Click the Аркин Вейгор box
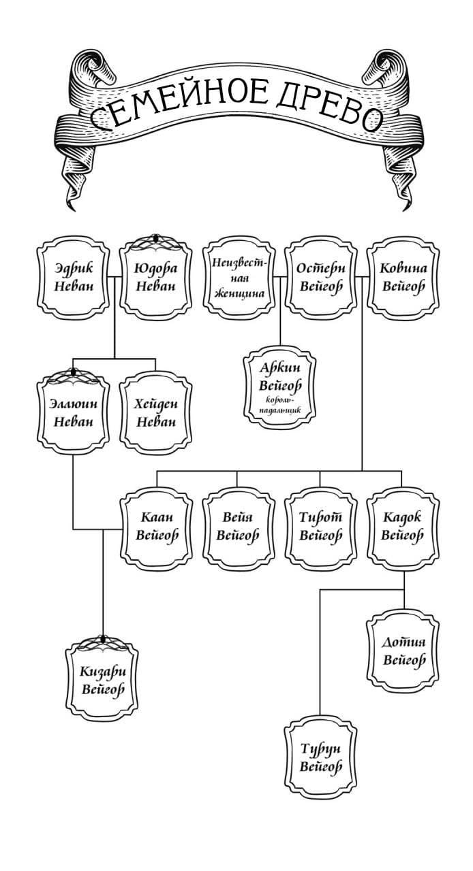pyautogui.click(x=280, y=385)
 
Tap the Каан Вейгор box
pyautogui.click(x=157, y=527)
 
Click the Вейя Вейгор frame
pyautogui.click(x=238, y=527)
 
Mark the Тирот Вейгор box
pyautogui.click(x=320, y=527)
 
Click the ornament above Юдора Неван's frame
pyautogui.click(x=155, y=240)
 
